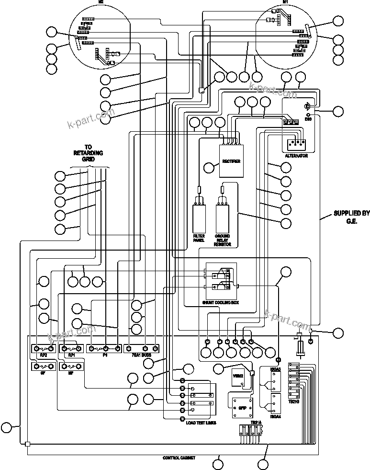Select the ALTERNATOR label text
click(x=296, y=156)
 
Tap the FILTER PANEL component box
click(x=199, y=218)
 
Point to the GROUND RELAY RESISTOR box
click(x=223, y=218)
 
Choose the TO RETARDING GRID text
click(x=88, y=153)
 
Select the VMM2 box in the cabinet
click(x=238, y=377)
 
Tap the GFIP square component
click(x=242, y=406)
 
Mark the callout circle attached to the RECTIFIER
click(x=209, y=168)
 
